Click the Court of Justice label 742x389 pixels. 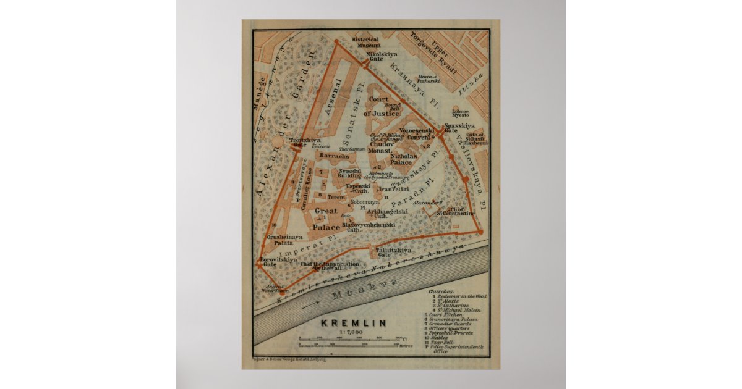[x=379, y=106]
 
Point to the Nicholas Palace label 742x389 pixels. [x=405, y=159]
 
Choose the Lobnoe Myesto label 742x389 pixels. [x=460, y=114]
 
